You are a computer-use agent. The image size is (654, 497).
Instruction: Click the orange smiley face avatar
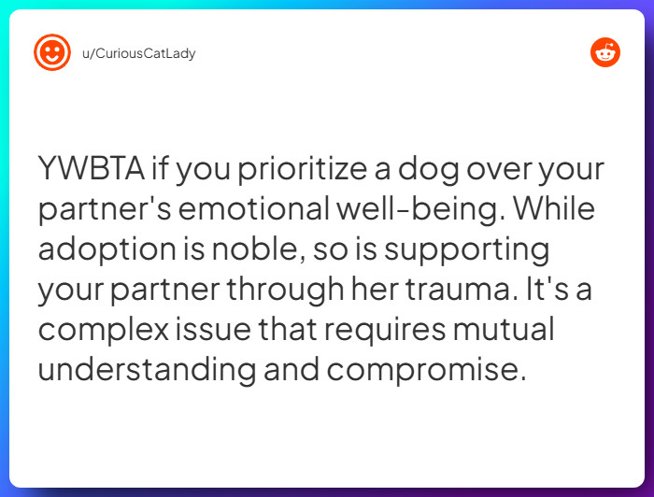(x=52, y=52)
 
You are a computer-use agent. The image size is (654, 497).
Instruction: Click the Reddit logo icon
(x=605, y=52)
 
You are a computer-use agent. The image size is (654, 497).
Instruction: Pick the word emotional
(x=254, y=210)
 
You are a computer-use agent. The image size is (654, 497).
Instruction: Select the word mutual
(x=513, y=331)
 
